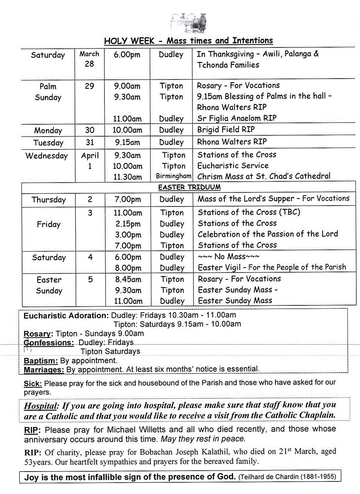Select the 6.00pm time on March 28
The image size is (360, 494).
coord(127,55)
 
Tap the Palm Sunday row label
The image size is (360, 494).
coord(48,92)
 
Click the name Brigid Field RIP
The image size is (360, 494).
coord(226,130)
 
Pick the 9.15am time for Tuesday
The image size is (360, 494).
coord(127,142)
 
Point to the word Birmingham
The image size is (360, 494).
coord(173,176)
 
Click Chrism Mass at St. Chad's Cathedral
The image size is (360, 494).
coord(263,176)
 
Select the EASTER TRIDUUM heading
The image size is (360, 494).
coord(189,187)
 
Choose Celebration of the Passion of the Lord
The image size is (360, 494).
coord(268,234)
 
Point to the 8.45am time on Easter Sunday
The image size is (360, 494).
coord(128,279)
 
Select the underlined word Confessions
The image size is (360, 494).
coord(49,343)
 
